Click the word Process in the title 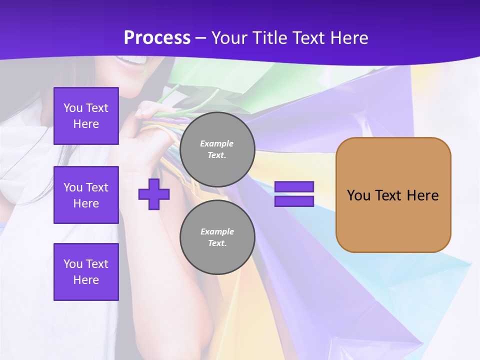click(x=157, y=37)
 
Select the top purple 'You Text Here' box click(x=86, y=116)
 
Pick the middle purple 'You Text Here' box click(x=86, y=195)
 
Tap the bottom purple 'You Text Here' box click(x=86, y=272)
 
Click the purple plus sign click(x=154, y=194)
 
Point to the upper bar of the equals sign click(x=294, y=187)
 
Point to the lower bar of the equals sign click(x=294, y=201)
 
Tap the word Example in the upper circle click(x=217, y=143)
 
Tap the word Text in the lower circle click(x=217, y=243)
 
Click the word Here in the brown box click(x=422, y=195)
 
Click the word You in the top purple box click(x=73, y=108)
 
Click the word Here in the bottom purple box click(x=86, y=280)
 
